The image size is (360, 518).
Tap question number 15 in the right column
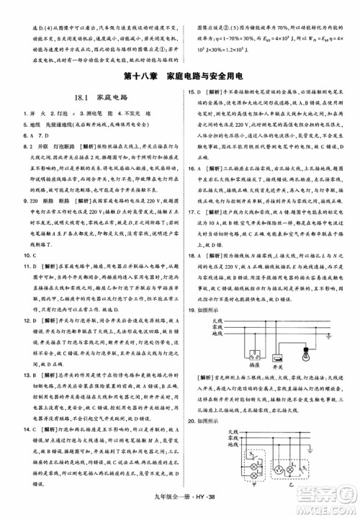click(191, 91)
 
